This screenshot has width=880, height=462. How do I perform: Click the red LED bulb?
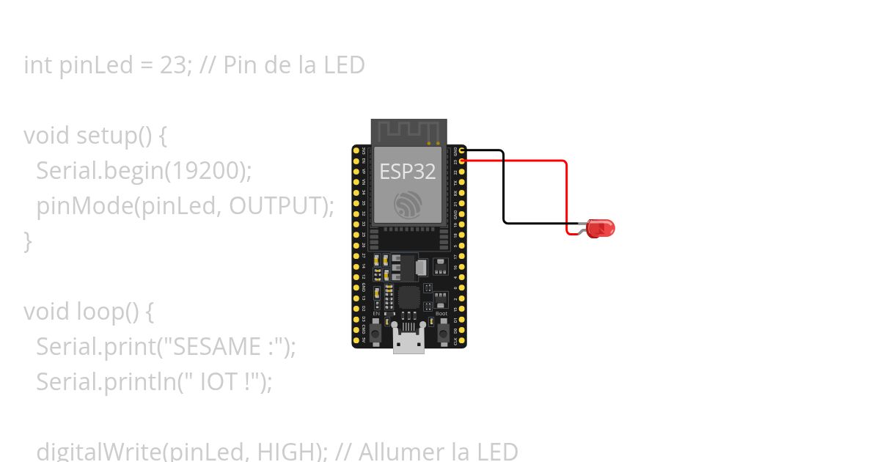(602, 228)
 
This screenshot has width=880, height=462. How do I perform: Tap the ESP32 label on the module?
(408, 172)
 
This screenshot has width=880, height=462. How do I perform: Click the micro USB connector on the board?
(408, 341)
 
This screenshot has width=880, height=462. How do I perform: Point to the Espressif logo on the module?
(408, 204)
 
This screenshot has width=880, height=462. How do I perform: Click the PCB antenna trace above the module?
(408, 131)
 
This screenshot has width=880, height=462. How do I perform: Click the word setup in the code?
(100, 136)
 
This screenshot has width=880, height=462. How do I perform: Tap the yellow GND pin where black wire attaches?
(462, 150)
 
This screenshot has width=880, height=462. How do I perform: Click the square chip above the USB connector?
(408, 297)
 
